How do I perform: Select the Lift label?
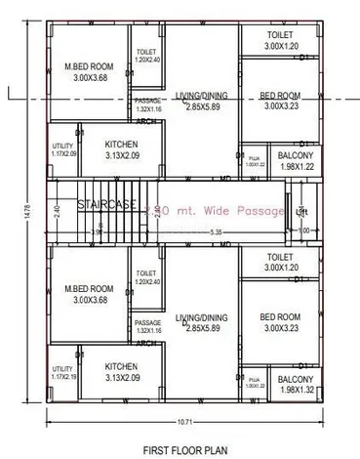300,212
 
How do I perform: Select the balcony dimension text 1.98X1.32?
295,389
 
